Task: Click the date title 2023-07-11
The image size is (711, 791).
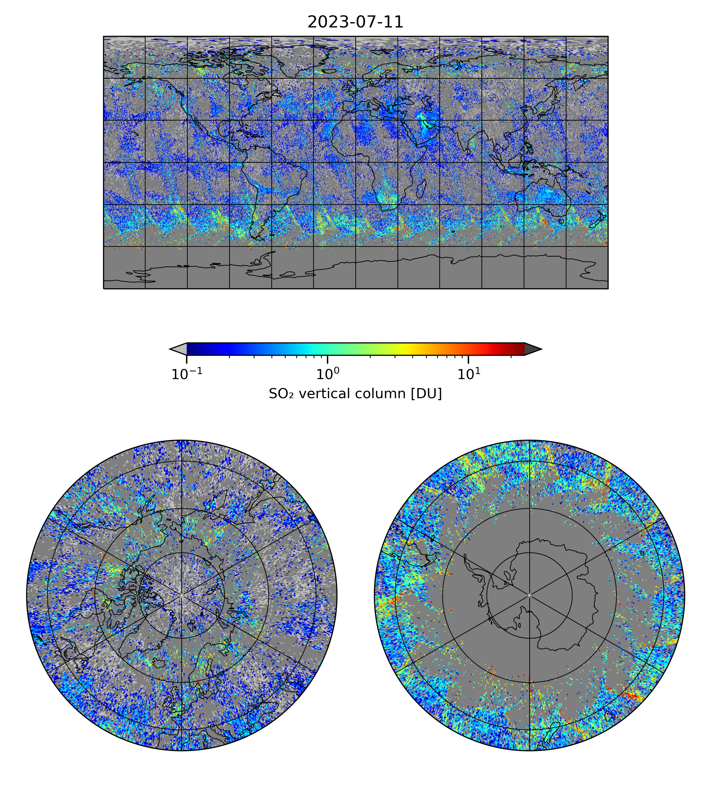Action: [x=355, y=22]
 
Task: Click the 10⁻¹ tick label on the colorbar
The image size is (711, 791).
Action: [x=187, y=374]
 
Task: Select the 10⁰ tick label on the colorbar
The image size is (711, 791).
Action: [x=327, y=374]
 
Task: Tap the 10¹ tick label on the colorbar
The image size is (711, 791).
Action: [x=468, y=374]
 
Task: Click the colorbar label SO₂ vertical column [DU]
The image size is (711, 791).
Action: [x=355, y=394]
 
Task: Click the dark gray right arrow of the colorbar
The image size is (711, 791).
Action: [x=532, y=349]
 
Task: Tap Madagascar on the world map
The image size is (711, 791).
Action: [x=422, y=189]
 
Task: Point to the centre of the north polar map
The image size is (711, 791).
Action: [x=182, y=595]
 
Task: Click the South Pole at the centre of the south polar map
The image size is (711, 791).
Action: [x=529, y=595]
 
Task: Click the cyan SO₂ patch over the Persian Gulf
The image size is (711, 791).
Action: [x=424, y=119]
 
